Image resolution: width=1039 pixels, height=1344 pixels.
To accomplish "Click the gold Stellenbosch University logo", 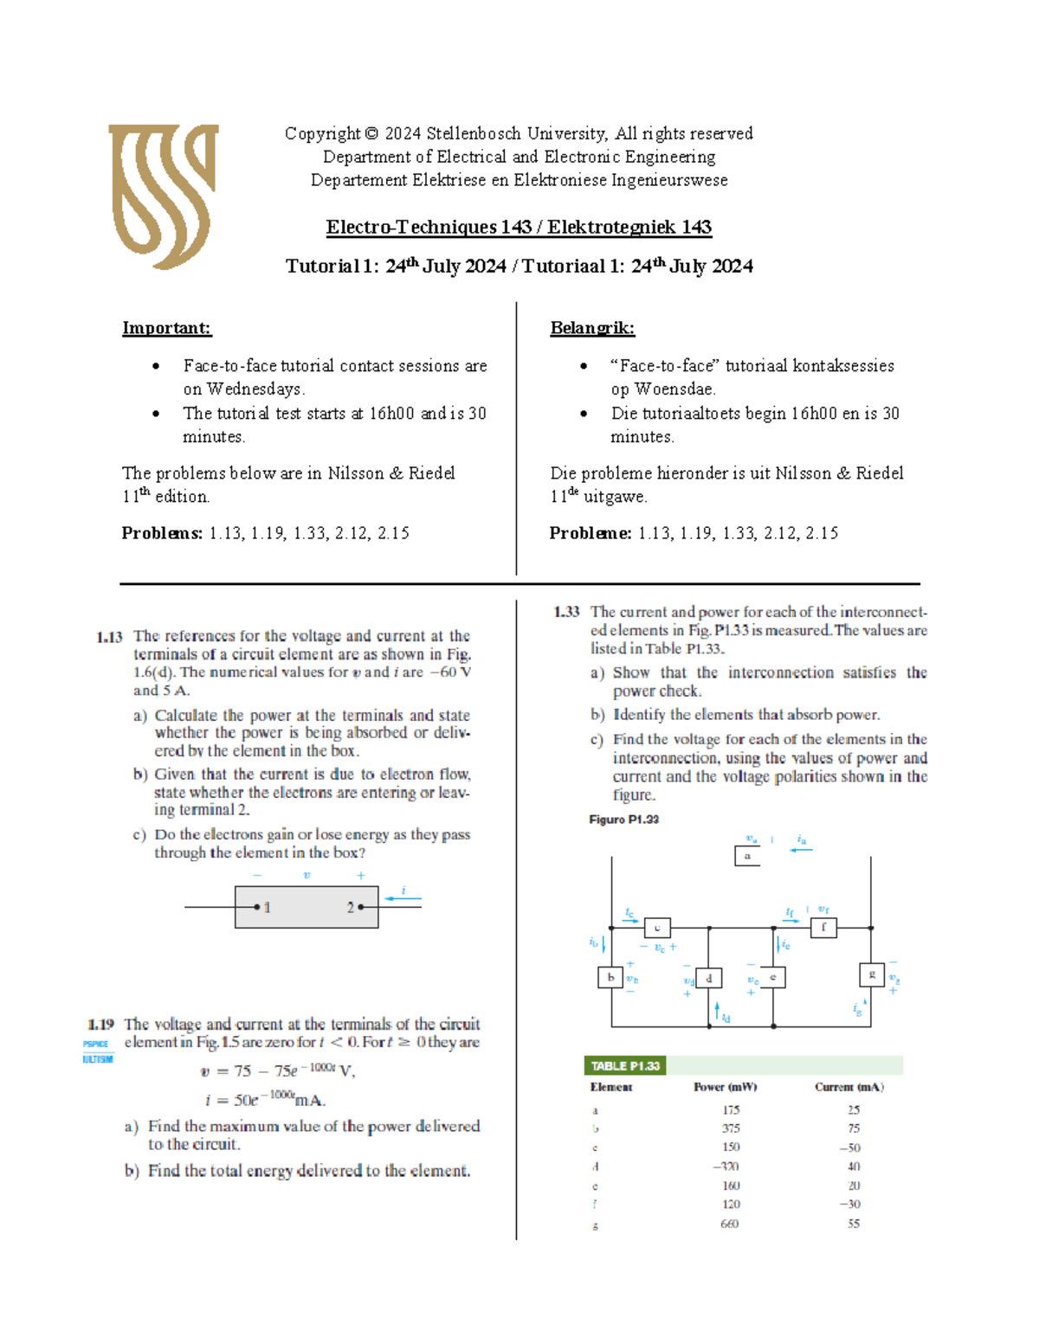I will coord(163,196).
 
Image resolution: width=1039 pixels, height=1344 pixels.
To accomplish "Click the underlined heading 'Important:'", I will coord(166,328).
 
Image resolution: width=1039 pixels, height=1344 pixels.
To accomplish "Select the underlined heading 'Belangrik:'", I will coord(592,328).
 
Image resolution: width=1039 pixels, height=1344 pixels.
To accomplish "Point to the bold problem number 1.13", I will coord(109,637).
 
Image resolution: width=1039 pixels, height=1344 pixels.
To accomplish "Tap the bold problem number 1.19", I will coord(101,1025).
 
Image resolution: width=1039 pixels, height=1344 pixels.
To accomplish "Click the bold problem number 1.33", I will coord(566,612).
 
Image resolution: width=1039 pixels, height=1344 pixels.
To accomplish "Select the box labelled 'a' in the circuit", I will coord(747,856).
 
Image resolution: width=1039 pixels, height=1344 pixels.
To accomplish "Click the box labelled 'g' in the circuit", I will coord(871,974).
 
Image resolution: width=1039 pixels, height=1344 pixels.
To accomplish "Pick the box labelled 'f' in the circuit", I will coord(823,928).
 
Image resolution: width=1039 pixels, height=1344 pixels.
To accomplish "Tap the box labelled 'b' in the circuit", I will coord(610,977).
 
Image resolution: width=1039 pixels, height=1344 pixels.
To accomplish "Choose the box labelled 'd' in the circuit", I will coord(708,978).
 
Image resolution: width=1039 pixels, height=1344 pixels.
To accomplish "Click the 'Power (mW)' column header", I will coord(725,1087).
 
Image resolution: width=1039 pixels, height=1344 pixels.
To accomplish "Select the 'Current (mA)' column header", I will coord(849,1087).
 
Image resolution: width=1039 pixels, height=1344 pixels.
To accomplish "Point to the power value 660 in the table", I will coord(730,1224).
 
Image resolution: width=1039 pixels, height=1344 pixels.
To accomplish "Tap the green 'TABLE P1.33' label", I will coord(625,1066).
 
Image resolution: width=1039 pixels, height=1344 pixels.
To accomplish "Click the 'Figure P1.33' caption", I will coord(623,820).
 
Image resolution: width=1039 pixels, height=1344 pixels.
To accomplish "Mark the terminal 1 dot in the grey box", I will coord(257,907).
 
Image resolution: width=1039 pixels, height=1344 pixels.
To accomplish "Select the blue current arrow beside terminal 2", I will coord(403,898).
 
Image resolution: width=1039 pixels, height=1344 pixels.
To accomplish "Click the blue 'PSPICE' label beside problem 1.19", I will coord(96,1045).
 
